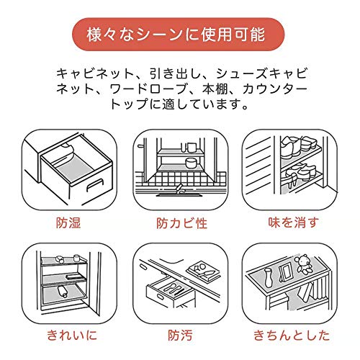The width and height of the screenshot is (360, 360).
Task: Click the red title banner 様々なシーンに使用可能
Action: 178,35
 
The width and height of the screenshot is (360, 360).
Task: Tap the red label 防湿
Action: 68,222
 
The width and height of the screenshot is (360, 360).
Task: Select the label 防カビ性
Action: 181,223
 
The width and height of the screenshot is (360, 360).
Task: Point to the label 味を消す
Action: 294,222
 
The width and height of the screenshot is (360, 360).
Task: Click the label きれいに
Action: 72,335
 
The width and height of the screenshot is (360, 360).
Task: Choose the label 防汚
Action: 180,336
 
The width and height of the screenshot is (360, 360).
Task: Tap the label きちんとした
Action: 292,336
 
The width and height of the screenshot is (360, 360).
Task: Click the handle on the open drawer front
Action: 95,186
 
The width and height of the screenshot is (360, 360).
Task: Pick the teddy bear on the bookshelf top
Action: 303,264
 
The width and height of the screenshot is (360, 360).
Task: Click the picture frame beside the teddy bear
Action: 285,271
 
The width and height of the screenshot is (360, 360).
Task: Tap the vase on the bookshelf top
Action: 268,278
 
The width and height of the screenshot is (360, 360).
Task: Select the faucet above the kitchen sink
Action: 180,188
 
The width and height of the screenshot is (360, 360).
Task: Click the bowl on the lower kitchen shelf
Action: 191,163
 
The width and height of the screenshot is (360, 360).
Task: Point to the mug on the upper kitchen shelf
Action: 192,148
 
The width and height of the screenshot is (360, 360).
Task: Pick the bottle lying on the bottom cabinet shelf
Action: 63,292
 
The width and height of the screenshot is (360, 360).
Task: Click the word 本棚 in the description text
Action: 215,89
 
